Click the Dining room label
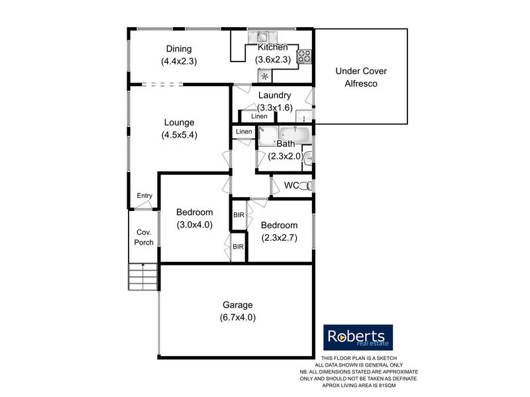coord(179,49)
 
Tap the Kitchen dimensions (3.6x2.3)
coord(273,60)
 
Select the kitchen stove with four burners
coord(305,56)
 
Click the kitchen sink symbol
coord(262,38)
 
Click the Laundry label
coord(274,95)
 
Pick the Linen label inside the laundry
coord(259,117)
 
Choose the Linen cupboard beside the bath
coord(244,132)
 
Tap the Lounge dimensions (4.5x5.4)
coord(179,135)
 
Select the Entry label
coord(144,196)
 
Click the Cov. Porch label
coord(144,237)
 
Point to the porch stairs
coord(143,276)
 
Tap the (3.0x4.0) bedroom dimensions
coord(195,224)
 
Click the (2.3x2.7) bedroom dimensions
coord(279,238)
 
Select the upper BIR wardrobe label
coord(238,216)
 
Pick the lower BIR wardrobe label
coord(238,247)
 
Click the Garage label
coord(237,305)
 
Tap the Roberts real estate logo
coord(358,337)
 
